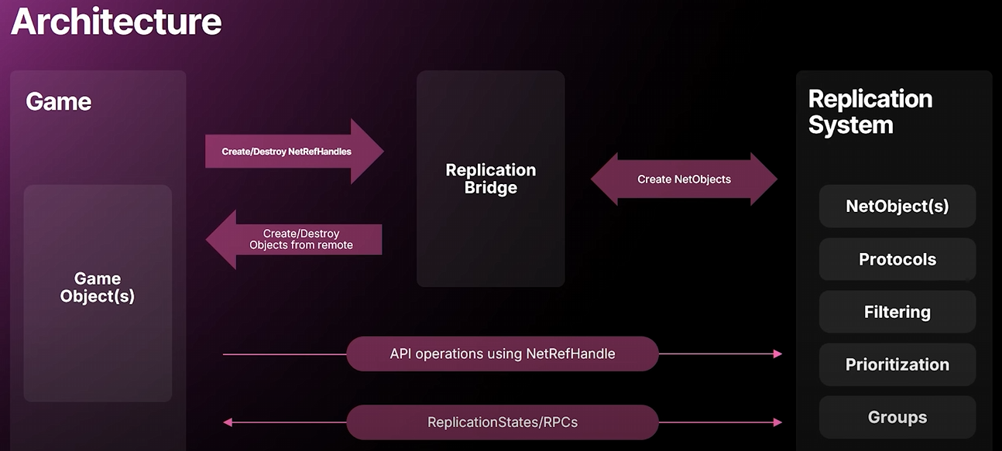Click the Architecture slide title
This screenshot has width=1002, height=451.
[x=116, y=22]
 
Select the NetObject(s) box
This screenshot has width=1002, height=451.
[x=897, y=206]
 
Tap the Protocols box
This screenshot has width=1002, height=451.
[x=897, y=259]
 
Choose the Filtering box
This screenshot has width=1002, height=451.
[x=897, y=312]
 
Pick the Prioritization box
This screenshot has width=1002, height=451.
[x=897, y=364]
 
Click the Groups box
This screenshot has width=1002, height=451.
[x=897, y=417]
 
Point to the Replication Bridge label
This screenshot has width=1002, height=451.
[x=491, y=179]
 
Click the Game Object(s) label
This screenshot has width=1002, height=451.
[x=98, y=288]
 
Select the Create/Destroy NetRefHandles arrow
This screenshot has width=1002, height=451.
[x=294, y=152]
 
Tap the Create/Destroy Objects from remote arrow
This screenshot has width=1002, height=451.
[x=294, y=240]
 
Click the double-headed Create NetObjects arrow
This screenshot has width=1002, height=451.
[x=684, y=179]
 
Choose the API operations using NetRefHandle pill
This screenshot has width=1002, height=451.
[x=503, y=354]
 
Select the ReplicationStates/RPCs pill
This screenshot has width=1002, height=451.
[x=503, y=422]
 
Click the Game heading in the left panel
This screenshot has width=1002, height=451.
[x=59, y=101]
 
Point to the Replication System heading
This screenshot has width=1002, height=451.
[x=870, y=111]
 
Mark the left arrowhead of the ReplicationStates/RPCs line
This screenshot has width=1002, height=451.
[x=228, y=422]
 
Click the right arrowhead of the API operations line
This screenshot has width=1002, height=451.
[x=778, y=354]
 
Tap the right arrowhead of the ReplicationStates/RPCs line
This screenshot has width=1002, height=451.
[x=778, y=422]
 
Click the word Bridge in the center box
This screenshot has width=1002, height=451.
[x=491, y=187]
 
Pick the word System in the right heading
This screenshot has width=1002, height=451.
[x=851, y=125]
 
